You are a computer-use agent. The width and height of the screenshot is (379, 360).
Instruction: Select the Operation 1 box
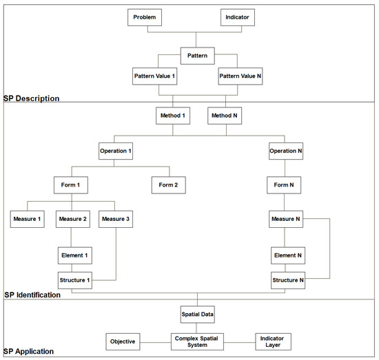pyautogui.click(x=115, y=150)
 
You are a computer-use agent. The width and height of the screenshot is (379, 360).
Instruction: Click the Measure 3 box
pyautogui.click(x=115, y=220)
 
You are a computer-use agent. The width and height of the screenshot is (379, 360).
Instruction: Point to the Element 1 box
pyautogui.click(x=75, y=255)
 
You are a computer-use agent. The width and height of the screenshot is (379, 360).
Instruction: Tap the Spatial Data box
pyautogui.click(x=198, y=315)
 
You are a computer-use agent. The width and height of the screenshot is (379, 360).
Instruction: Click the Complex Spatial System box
pyautogui.click(x=198, y=341)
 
